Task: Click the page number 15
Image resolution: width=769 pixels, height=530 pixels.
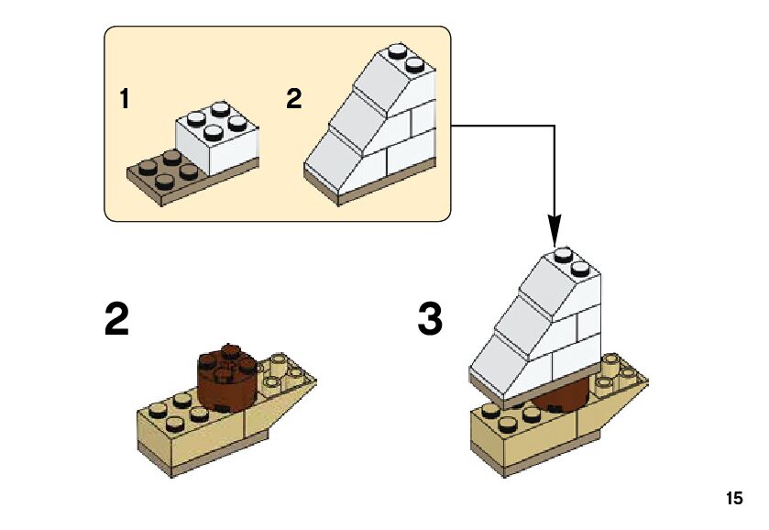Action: coord(733,499)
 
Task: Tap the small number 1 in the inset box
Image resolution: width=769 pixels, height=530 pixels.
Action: coord(126,99)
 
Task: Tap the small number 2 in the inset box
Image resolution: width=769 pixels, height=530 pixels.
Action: coord(293,99)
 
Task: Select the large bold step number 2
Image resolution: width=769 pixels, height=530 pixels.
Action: coord(116,321)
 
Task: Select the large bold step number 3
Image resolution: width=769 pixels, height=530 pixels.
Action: coord(430,321)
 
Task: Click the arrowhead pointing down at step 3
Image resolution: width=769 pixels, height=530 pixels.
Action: coord(555,229)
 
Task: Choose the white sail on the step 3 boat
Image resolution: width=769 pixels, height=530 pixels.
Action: coord(536,330)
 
